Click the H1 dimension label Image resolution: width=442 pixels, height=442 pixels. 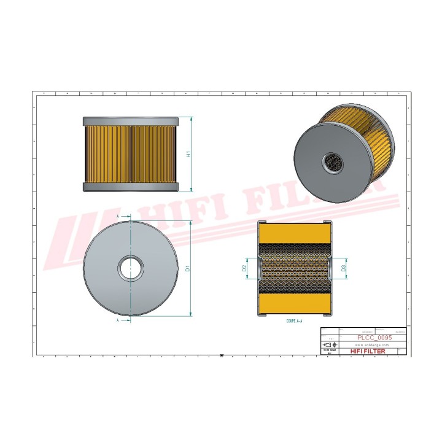(189, 153)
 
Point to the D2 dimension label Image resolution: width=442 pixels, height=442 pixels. (244, 268)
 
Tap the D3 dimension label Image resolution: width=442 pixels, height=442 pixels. (343, 268)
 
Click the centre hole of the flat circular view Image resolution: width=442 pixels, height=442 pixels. (131, 268)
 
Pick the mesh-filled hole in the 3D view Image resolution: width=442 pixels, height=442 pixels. (334, 161)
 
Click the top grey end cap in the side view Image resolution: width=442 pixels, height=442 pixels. (131, 121)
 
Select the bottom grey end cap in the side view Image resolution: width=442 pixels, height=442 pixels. (131, 187)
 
